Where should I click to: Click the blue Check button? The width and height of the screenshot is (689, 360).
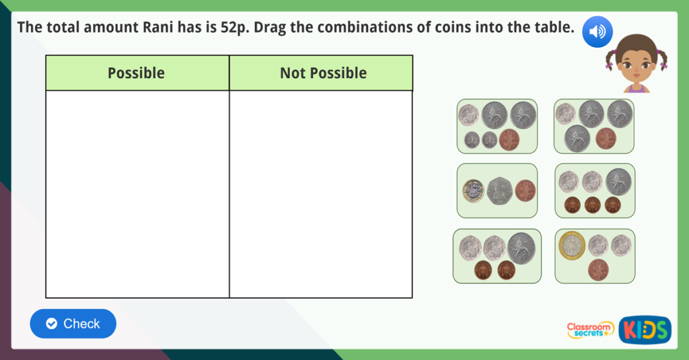click(73, 324)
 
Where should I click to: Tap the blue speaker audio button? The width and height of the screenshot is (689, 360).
click(597, 32)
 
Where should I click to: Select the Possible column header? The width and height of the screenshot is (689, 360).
click(137, 73)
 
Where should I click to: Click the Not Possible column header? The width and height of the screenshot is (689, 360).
click(323, 73)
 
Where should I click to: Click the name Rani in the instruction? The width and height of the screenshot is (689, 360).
click(158, 28)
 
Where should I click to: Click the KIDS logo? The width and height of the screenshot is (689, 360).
click(645, 329)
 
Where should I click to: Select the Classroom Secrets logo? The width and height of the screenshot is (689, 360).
click(590, 329)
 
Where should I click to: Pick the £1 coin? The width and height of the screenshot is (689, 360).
click(473, 190)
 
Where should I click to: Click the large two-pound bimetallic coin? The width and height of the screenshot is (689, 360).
click(572, 245)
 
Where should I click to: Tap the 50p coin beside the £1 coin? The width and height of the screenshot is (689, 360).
click(499, 190)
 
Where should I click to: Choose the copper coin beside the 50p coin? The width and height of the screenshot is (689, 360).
click(525, 190)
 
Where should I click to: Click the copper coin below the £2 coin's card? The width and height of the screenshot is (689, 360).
click(597, 269)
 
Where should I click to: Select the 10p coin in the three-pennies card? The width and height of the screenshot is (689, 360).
click(618, 182)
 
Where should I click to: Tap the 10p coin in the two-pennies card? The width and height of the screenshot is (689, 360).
click(521, 247)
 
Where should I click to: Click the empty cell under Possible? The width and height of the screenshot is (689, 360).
click(137, 194)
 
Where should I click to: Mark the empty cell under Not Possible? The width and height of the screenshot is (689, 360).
click(321, 194)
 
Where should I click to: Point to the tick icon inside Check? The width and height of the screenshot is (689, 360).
click(51, 324)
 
